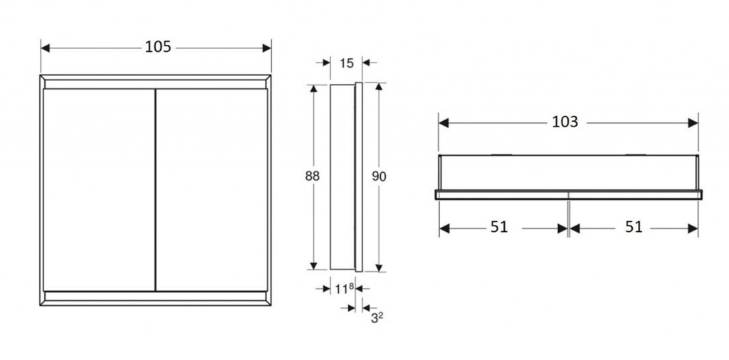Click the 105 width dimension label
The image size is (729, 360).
(158, 47)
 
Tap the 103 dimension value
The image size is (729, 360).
(565, 122)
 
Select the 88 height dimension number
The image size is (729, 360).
(313, 176)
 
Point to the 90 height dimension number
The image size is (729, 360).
(379, 176)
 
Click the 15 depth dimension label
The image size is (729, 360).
(347, 63)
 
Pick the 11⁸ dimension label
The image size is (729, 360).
(345, 289)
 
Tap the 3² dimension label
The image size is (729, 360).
(377, 318)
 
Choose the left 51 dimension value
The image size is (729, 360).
(499, 227)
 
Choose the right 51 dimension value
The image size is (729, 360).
(633, 227)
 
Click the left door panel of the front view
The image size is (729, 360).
(99, 190)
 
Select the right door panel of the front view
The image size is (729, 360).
(211, 190)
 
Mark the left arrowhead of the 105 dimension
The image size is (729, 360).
(45, 48)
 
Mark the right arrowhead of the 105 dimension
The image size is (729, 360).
(267, 48)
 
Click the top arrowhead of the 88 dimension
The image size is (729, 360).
(313, 89)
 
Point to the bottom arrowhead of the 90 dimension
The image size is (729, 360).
(379, 268)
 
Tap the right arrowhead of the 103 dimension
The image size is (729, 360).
(693, 122)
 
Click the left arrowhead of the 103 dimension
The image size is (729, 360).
(444, 122)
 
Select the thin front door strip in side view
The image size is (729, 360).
(359, 177)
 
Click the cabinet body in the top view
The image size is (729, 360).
(568, 172)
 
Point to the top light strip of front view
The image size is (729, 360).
(155, 84)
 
